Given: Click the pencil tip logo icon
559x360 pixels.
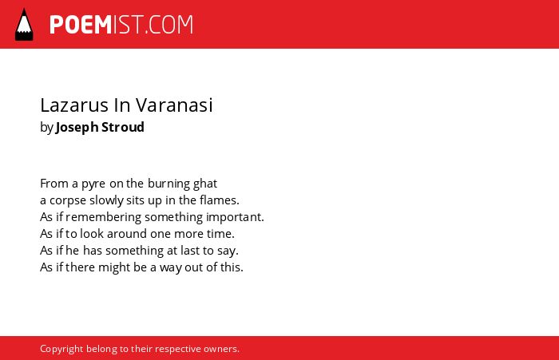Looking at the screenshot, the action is point(24,25).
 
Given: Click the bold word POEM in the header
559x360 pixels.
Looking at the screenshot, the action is point(81,25).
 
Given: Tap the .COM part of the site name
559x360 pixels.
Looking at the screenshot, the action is point(169,25).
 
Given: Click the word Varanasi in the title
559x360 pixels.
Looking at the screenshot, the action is point(174,105).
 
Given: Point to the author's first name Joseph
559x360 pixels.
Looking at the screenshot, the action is point(77,128).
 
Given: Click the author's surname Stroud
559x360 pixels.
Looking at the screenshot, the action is point(123,127).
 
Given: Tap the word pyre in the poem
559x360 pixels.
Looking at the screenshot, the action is point(93,184).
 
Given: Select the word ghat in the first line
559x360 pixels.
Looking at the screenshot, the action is point(205,184).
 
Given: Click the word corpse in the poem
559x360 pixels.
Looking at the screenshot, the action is point(68,201).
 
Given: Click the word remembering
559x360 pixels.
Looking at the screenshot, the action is point(103,217).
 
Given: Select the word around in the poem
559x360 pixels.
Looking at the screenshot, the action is point(126,234).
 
